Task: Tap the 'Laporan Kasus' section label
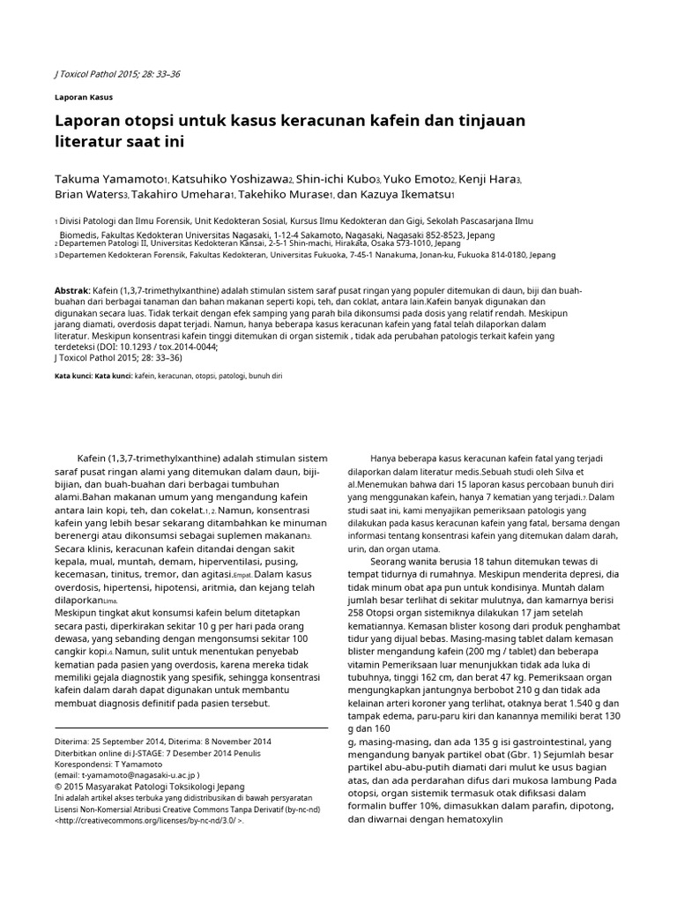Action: coord(84,96)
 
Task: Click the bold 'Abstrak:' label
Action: coord(72,289)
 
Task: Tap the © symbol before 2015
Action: coord(58,786)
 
